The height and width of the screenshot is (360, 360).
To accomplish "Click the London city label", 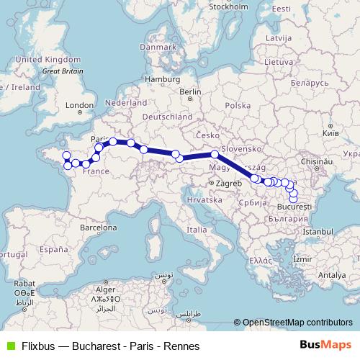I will (x=75, y=105).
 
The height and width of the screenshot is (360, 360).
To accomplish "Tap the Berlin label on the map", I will (x=191, y=92).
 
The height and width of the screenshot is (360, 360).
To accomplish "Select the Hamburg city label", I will (x=161, y=78).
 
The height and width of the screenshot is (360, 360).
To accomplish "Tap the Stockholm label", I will (x=228, y=6).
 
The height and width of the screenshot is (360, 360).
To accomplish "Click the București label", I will (x=294, y=207).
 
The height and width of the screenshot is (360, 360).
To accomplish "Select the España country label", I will (x=53, y=249).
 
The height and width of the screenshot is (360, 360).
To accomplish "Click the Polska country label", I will (x=236, y=106).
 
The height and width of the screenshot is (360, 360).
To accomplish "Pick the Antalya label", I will (x=333, y=274).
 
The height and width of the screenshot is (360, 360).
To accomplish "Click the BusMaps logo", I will (x=325, y=345).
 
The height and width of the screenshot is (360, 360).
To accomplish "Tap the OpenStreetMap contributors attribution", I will (x=296, y=323).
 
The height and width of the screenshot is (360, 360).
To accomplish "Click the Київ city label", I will (x=329, y=134).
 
